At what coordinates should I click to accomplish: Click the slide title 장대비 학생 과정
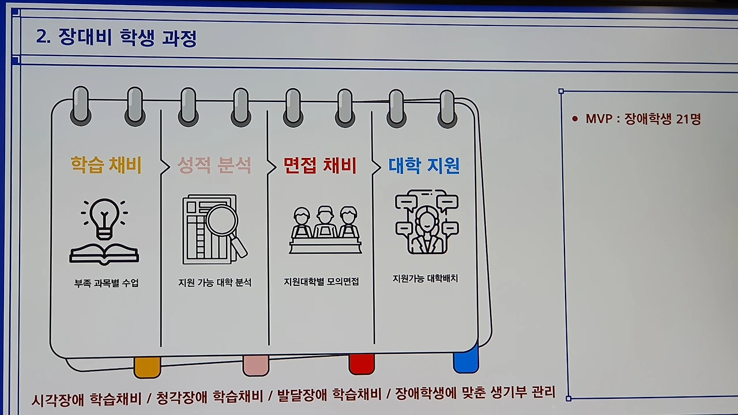[x=116, y=38]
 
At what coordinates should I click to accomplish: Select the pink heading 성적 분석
[x=214, y=166]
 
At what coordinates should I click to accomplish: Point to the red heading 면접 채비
[x=321, y=166]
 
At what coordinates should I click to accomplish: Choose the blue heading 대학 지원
[x=424, y=166]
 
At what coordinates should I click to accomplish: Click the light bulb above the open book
[x=104, y=218]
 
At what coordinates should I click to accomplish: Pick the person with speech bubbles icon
[x=426, y=222]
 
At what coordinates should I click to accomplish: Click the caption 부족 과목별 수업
[x=106, y=284]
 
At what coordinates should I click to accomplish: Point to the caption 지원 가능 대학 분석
[x=214, y=283]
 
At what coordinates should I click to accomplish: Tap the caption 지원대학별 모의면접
[x=321, y=282]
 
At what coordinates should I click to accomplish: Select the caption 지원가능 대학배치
[x=425, y=278]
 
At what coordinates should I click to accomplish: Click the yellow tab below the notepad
[x=147, y=367]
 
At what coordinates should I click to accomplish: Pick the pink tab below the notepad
[x=255, y=365]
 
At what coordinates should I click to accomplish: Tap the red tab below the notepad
[x=362, y=364]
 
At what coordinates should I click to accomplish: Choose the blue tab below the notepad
[x=466, y=361]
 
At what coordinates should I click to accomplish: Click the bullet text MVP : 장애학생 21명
[x=643, y=119]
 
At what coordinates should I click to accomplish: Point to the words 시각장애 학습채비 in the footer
[x=89, y=399]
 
